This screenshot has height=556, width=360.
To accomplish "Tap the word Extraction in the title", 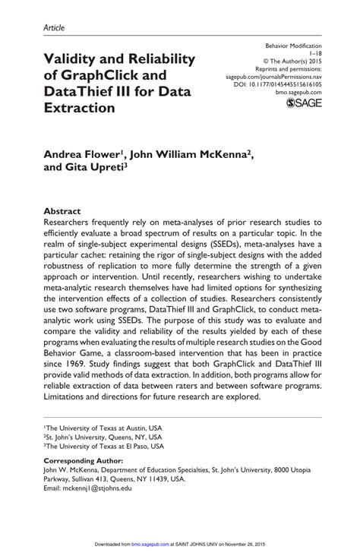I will click(x=80, y=107).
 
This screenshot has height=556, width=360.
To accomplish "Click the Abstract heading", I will click(x=62, y=206).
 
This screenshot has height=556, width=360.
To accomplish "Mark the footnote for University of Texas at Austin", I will click(x=103, y=428).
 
